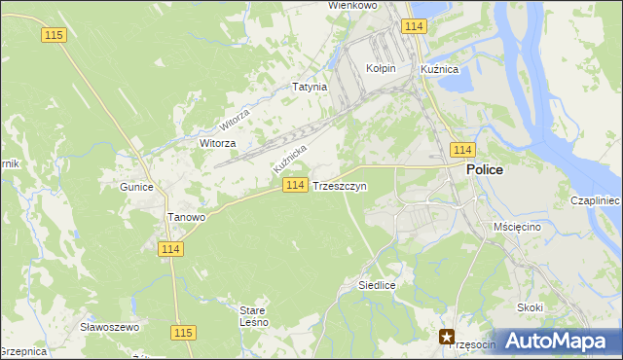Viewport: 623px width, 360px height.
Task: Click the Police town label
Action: tap(484, 169)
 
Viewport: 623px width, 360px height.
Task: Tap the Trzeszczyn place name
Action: tap(340, 186)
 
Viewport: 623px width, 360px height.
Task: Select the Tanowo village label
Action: tap(186, 218)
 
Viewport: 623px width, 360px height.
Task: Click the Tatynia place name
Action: tap(310, 87)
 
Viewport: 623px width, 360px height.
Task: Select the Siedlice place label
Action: tap(376, 286)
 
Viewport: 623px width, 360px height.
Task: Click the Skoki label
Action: tap(531, 307)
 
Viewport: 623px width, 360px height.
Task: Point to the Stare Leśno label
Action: tap(253, 316)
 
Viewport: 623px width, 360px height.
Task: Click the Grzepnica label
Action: tap(21, 351)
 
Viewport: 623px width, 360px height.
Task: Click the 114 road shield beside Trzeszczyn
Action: tap(297, 186)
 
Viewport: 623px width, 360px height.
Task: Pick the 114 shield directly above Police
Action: tap(462, 149)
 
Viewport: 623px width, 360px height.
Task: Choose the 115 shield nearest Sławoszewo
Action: tap(182, 333)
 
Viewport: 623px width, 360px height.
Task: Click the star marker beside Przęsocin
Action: tap(448, 338)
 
